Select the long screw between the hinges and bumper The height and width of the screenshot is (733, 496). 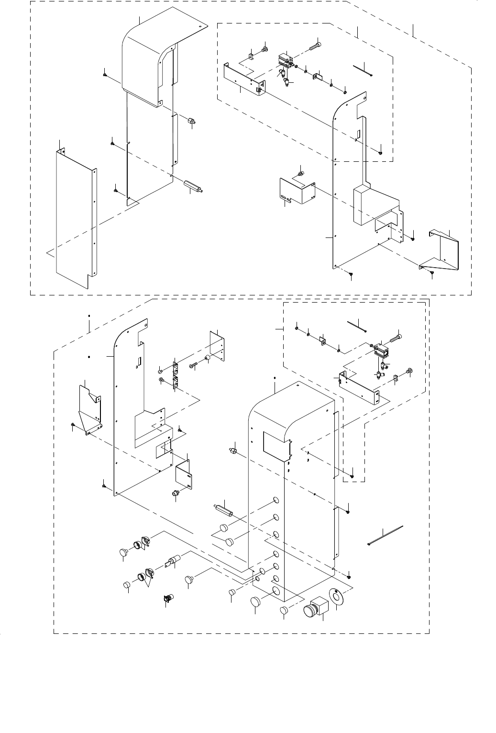point(193,365)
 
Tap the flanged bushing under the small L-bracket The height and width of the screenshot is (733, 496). point(176,493)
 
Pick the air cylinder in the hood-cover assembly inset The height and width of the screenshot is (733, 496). point(285,61)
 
